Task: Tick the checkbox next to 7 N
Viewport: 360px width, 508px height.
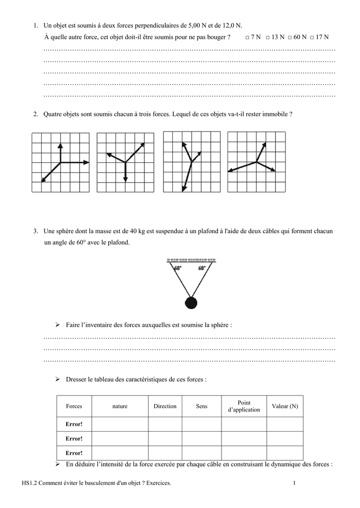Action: coord(247,38)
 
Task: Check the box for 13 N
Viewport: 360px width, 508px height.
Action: coord(268,38)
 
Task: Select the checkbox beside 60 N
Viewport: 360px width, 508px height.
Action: coord(291,38)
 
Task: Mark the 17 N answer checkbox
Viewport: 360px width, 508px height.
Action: coord(315,38)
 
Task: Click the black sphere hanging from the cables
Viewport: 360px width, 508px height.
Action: coord(191,302)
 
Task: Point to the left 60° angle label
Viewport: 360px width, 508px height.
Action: coord(178,268)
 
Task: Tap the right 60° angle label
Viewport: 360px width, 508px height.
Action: coord(203,268)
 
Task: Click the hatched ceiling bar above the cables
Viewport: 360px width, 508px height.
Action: coord(191,259)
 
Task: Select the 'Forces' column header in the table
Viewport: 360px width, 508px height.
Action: coord(74,406)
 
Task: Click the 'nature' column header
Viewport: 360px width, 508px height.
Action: coord(120,406)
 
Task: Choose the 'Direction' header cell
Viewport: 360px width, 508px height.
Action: coord(165,406)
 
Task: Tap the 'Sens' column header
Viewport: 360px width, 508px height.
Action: coord(202,406)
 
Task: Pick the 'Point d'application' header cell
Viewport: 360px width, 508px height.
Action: coord(244,406)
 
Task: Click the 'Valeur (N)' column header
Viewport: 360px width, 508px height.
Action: coord(285,406)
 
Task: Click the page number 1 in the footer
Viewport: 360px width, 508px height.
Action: coord(294,483)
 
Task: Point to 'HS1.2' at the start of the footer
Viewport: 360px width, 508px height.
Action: coord(31,483)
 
